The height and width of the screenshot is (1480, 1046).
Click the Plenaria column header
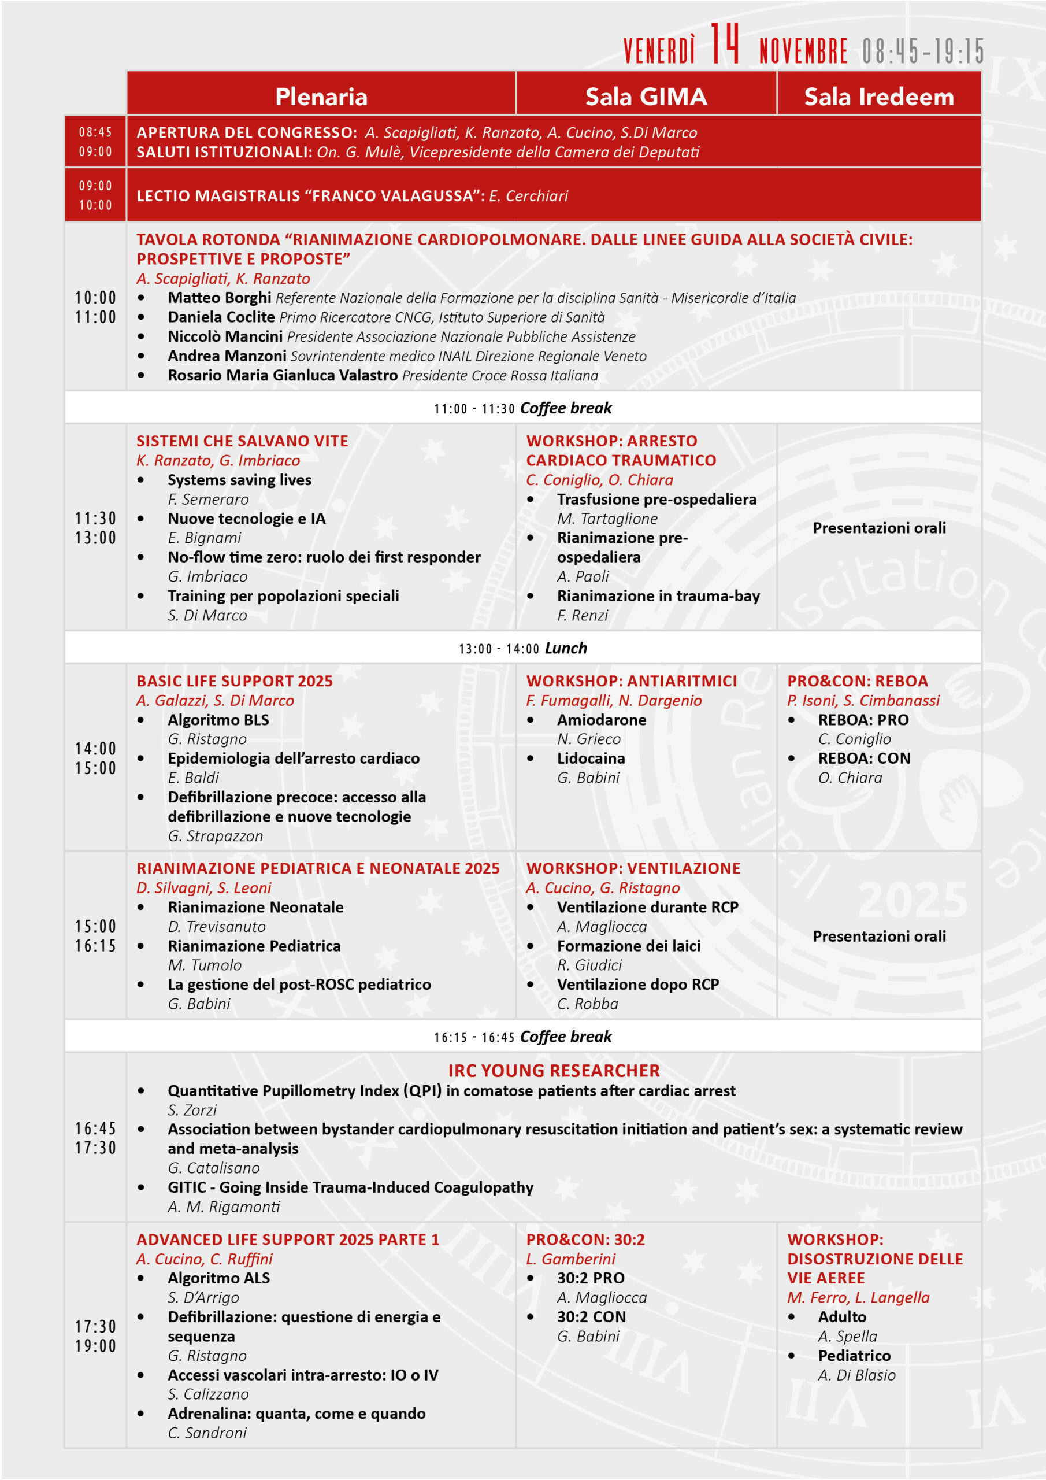(321, 97)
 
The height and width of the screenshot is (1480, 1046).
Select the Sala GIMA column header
(646, 97)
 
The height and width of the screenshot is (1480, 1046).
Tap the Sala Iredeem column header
(878, 97)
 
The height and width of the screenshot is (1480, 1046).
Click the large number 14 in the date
(725, 45)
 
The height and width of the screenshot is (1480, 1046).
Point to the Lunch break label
(565, 648)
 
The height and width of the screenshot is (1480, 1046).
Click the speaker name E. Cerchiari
(528, 196)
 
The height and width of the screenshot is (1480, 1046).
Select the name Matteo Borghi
(219, 298)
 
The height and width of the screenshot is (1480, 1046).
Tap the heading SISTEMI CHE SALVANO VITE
(242, 441)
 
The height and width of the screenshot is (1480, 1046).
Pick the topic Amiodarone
(601, 720)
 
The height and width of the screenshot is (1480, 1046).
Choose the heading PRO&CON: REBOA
(857, 682)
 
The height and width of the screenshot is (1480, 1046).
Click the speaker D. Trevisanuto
(217, 926)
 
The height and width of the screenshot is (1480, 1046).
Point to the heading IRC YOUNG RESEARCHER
(554, 1071)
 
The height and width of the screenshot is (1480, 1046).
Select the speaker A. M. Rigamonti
(224, 1207)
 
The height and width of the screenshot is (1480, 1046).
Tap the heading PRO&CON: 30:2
(585, 1239)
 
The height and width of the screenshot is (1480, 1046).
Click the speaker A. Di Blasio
(856, 1375)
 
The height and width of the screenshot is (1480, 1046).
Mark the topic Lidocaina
(591, 758)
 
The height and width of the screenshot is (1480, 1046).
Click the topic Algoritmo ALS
(218, 1278)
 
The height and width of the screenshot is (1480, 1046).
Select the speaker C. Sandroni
(207, 1433)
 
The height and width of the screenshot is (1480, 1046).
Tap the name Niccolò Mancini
(225, 336)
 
